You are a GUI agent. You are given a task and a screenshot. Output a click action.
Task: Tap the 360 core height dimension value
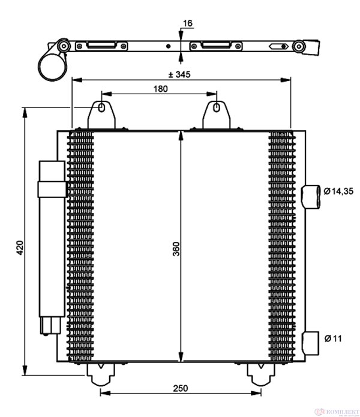click(x=175, y=248)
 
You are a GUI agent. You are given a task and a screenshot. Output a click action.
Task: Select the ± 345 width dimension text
click(x=179, y=74)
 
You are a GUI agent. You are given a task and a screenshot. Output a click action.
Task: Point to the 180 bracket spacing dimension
click(x=160, y=88)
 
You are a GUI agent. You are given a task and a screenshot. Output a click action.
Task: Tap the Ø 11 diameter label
click(x=333, y=339)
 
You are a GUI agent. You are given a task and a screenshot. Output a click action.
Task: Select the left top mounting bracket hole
click(x=102, y=109)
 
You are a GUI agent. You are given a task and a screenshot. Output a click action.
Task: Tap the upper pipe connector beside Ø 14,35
click(x=312, y=196)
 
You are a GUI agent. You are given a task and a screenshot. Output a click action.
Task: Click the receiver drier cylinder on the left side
click(x=51, y=240)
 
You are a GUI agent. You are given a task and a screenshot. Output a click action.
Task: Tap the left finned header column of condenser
click(x=82, y=246)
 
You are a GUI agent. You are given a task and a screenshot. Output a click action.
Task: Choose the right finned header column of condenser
click(x=280, y=246)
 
